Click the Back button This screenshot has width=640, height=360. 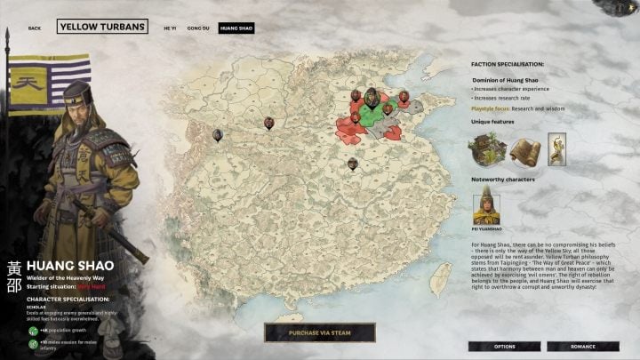click(35, 28)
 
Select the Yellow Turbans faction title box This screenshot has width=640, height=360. click(102, 28)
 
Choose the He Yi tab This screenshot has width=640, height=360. click(170, 28)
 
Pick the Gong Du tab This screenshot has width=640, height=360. click(199, 28)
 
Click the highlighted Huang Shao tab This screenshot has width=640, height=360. click(236, 28)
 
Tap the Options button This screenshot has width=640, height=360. click(504, 346)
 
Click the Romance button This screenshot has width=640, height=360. click(582, 346)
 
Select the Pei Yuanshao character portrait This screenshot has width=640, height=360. click(486, 208)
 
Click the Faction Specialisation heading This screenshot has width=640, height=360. click(507, 64)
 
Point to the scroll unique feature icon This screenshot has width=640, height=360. click(525, 148)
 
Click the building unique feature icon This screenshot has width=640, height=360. click(487, 148)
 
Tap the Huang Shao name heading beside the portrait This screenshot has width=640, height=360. click(63, 265)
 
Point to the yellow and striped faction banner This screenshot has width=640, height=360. click(49, 84)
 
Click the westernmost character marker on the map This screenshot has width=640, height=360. click(218, 135)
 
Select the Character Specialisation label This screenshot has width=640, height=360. click(68, 299)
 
